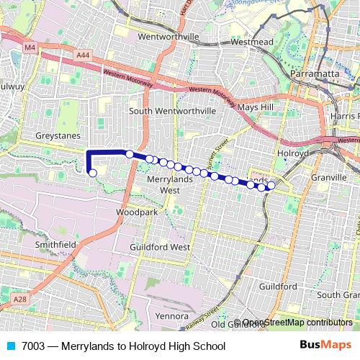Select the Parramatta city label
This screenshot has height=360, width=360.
(x=315, y=74)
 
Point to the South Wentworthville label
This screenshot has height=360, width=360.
(x=172, y=111)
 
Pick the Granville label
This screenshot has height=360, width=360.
(x=330, y=176)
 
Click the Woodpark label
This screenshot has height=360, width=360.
(x=136, y=213)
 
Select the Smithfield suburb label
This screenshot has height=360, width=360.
(x=55, y=245)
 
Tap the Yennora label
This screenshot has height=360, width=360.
(x=171, y=315)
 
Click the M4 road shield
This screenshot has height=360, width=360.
(x=30, y=48)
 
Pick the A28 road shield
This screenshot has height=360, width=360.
(x=19, y=298)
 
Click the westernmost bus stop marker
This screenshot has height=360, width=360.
(x=92, y=173)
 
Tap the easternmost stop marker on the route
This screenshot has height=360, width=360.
(x=271, y=185)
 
